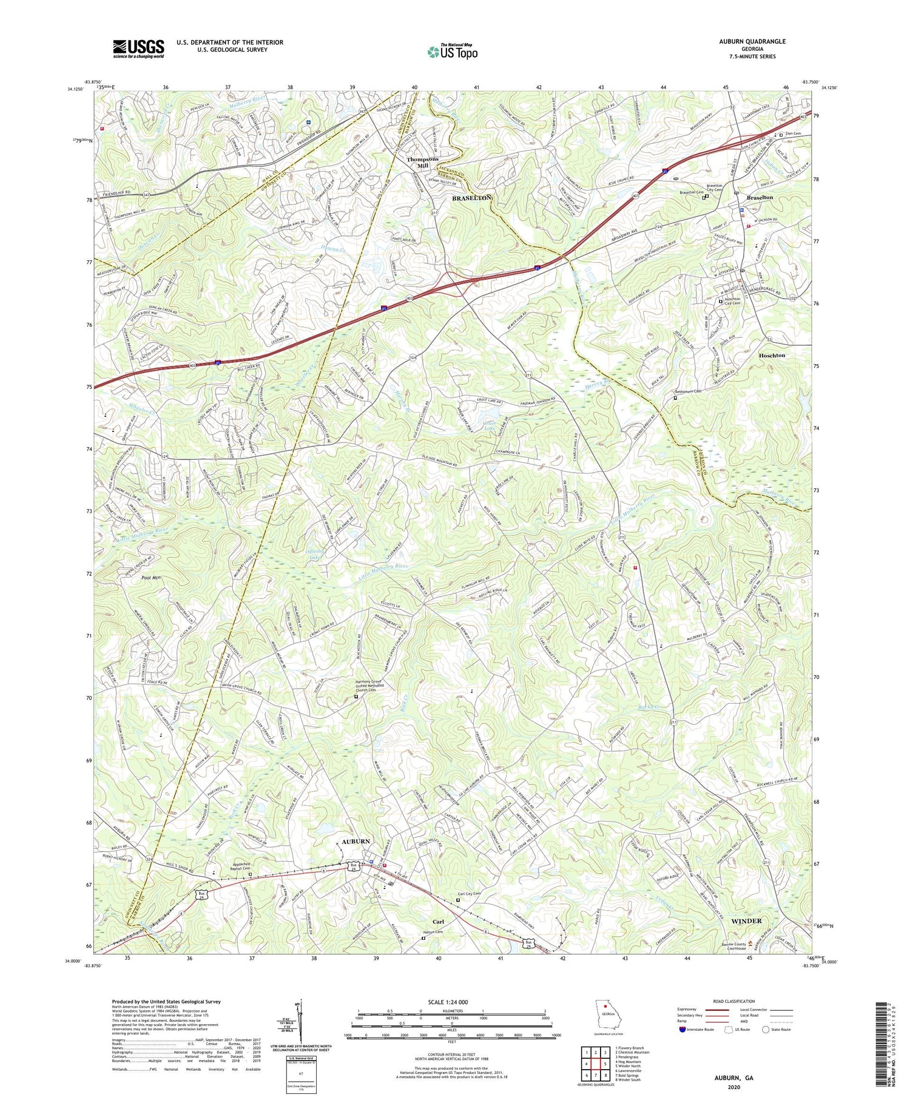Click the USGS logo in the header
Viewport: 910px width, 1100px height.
[x=138, y=49]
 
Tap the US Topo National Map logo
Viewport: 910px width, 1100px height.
[x=452, y=52]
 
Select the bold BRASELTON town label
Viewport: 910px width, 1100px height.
[x=471, y=198]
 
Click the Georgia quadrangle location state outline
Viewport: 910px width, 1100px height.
[x=605, y=1014]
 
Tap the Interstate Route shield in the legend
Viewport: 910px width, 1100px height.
[x=682, y=1029]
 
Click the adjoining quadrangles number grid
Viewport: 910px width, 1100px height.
[x=596, y=1055]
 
